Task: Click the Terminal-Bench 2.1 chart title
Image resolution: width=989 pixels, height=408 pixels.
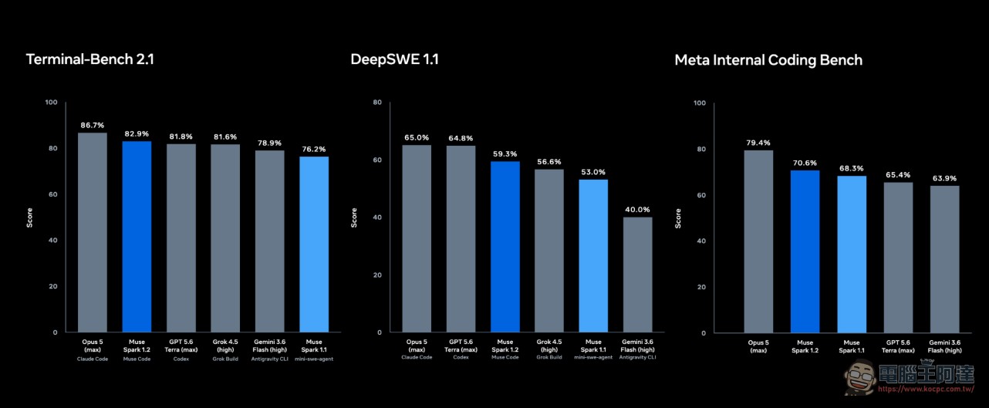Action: (90, 59)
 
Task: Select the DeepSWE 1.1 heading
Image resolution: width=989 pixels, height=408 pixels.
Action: (395, 59)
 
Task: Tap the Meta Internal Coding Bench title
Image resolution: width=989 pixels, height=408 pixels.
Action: (768, 60)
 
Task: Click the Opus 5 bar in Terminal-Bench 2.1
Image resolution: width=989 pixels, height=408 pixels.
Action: (93, 232)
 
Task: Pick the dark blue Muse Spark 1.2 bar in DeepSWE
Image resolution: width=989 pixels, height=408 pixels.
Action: (505, 246)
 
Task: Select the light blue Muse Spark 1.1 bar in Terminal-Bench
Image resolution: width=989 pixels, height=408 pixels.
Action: (314, 244)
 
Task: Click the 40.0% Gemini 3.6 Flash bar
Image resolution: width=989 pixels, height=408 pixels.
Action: (637, 275)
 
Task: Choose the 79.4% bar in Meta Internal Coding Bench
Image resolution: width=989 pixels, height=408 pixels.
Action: (758, 241)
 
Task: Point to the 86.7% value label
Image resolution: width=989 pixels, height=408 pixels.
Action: (93, 126)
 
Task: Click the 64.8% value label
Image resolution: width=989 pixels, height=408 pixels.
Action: (461, 138)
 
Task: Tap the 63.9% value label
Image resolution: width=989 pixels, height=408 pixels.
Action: (944, 178)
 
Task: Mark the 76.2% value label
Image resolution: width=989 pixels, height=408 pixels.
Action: (314, 150)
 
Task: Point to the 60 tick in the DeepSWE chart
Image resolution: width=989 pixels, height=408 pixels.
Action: (377, 160)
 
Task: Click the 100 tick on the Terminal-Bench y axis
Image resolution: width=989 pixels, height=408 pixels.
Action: (51, 103)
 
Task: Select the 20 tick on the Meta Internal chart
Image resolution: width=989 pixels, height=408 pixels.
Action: (701, 287)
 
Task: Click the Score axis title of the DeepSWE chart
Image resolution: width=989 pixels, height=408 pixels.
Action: (353, 217)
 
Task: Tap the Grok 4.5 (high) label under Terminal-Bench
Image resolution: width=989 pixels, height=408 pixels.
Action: (225, 346)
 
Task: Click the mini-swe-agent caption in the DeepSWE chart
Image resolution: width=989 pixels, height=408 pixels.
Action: (593, 357)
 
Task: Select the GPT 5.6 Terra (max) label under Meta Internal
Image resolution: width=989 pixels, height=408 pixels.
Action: (898, 346)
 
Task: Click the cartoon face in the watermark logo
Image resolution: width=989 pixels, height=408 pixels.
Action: (860, 376)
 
